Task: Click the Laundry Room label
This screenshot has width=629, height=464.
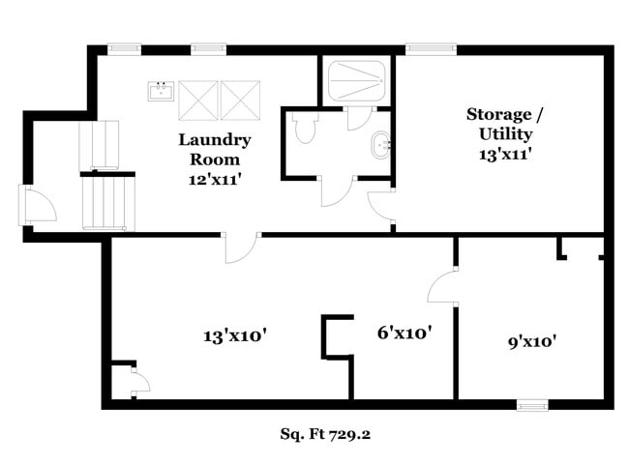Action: (x=214, y=149)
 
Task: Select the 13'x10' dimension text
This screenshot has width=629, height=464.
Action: (x=234, y=336)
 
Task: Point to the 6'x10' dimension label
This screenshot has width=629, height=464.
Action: (x=404, y=333)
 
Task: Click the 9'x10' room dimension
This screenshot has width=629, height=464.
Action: (x=531, y=340)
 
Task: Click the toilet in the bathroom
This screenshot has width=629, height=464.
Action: (x=305, y=129)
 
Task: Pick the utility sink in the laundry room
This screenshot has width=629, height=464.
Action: (x=161, y=91)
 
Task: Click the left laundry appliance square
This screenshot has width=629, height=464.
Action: (x=197, y=98)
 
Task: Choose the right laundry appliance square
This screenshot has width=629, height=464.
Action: (x=240, y=98)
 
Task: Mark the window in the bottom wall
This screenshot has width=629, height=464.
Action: (x=532, y=405)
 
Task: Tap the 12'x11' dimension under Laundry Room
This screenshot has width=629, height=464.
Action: (x=214, y=179)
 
